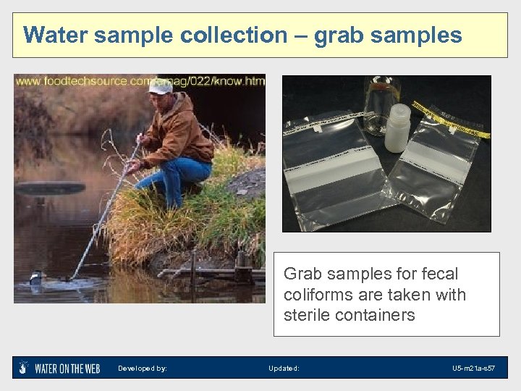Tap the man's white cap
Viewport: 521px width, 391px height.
coord(161,86)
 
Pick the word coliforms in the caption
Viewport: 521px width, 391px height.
coord(319,295)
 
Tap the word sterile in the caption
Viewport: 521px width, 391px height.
coord(308,315)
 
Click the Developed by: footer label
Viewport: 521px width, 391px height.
coord(143,369)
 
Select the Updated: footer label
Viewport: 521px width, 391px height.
coord(284,369)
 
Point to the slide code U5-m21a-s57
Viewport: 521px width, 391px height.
coord(473,369)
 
